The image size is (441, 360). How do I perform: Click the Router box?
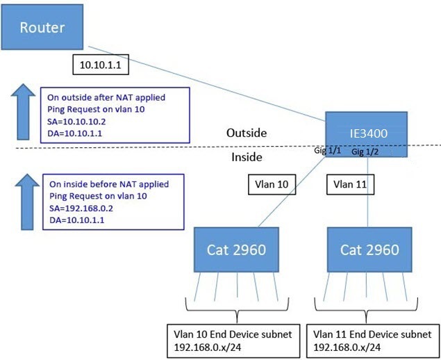point(43,28)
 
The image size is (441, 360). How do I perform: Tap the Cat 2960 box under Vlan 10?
point(233,249)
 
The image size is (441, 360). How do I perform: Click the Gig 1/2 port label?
point(367,152)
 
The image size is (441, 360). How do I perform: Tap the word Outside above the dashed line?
point(247,133)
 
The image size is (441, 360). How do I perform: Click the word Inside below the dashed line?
point(246,157)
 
